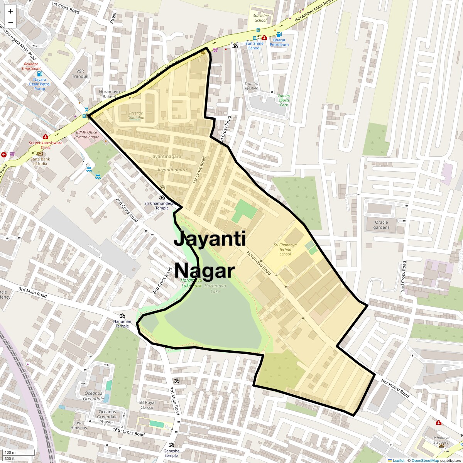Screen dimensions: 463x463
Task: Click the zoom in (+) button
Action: [10, 11]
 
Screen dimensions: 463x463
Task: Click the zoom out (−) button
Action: [10, 22]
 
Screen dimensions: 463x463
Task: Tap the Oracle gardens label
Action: [381, 225]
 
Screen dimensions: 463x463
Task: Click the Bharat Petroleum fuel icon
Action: [279, 35]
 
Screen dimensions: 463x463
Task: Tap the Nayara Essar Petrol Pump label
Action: [40, 84]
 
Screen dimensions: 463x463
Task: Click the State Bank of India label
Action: [40, 161]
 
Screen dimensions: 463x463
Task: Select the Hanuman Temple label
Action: [122, 323]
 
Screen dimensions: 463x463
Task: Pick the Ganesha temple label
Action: [171, 453]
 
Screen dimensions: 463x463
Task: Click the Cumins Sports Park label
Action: [284, 100]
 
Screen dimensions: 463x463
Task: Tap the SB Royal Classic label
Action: [147, 405]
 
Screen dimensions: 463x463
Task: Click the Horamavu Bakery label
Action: [107, 94]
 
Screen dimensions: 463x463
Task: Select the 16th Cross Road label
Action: [128, 432]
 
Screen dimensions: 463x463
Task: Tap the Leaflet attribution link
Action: [399, 460]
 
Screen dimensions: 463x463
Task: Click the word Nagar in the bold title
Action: [204, 271]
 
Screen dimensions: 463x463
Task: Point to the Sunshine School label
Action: [261, 18]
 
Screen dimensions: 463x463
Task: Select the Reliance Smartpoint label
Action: [31, 66]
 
